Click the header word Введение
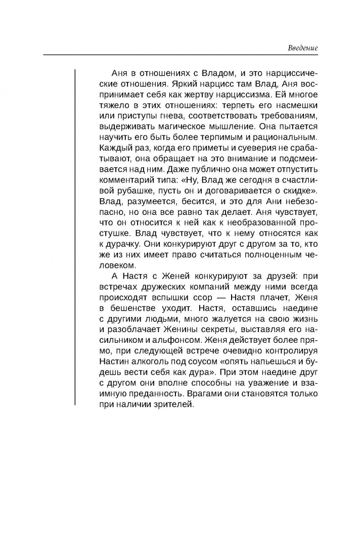point(303,49)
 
